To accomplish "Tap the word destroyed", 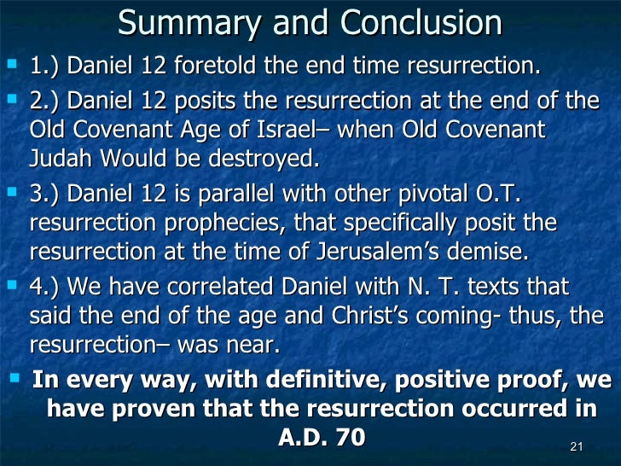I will [x=254, y=160].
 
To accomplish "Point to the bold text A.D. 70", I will [x=322, y=437].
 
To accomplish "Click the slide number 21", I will [x=575, y=447].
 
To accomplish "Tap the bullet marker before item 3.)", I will [x=13, y=195].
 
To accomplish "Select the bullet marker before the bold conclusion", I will [x=15, y=376].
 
